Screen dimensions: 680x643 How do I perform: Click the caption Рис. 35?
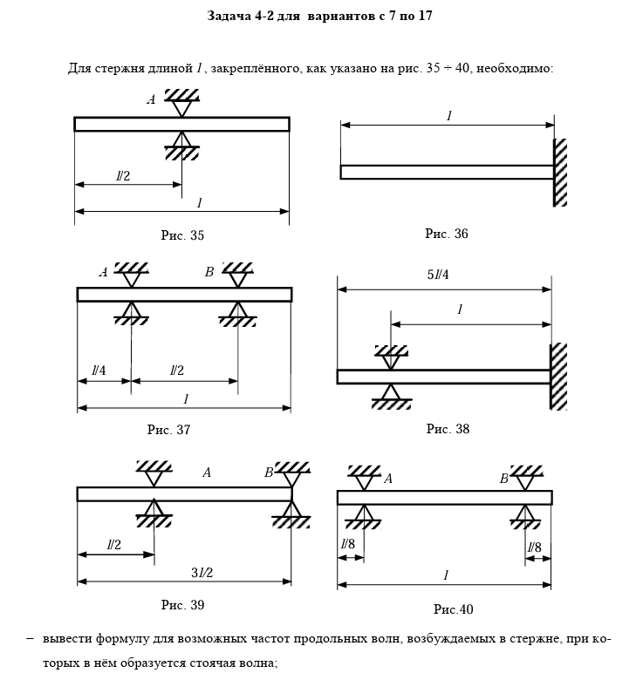point(182,235)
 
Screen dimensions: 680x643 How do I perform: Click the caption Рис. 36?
point(446,234)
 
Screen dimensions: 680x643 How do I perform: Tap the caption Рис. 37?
point(168,429)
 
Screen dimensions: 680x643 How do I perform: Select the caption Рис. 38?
point(448,428)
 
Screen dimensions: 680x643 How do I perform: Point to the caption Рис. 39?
point(182,604)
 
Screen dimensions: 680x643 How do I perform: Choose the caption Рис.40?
point(453,609)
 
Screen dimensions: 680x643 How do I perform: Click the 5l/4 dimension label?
point(438,275)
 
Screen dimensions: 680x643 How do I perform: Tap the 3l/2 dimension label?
point(202,572)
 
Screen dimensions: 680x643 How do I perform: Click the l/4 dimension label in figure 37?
point(99,371)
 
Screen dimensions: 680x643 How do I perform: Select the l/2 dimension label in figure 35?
point(123,176)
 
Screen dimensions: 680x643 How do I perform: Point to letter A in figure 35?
point(151,100)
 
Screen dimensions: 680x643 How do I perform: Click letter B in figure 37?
point(209,272)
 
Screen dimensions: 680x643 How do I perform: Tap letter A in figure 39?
point(207,473)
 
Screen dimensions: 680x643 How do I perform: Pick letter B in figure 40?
point(503,479)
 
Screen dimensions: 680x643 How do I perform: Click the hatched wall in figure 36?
point(560,173)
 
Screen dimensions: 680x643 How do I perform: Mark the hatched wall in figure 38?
point(558,377)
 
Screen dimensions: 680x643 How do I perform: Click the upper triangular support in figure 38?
point(391,355)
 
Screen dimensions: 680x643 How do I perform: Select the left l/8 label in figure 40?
point(347,547)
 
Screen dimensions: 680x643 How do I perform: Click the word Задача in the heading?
point(229,16)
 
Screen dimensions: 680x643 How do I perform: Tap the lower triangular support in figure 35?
point(181,146)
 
